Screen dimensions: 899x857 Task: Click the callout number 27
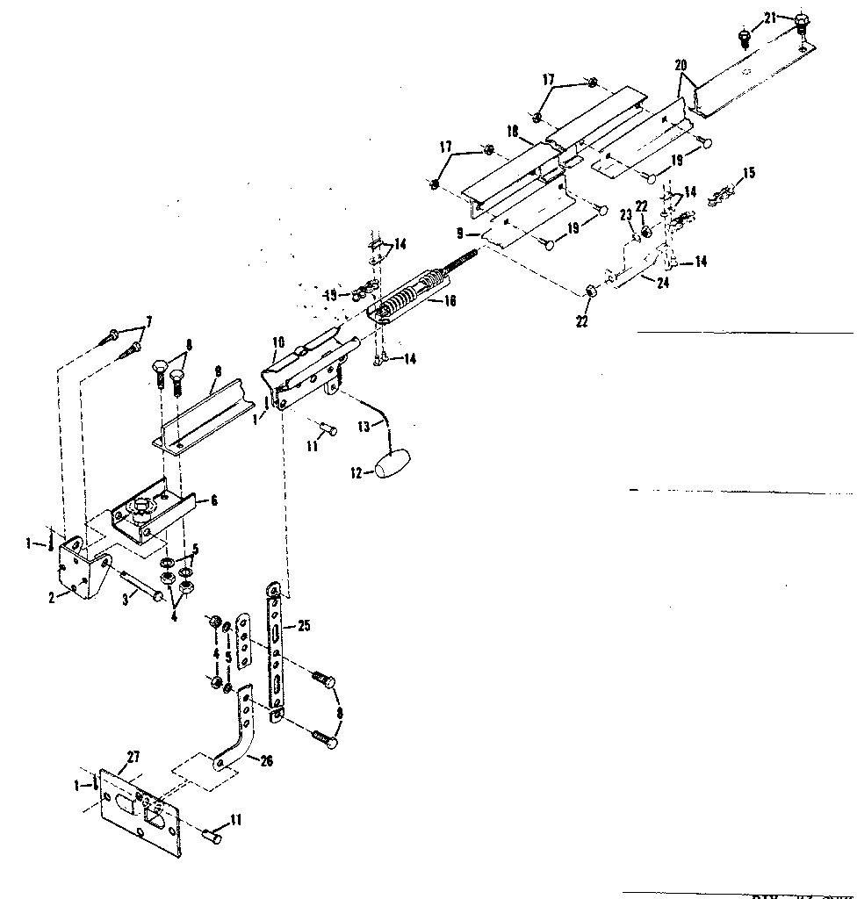pyautogui.click(x=133, y=755)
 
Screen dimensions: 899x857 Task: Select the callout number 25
pyautogui.click(x=304, y=625)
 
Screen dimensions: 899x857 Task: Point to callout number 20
pyautogui.click(x=681, y=66)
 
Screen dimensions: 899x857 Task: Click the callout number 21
pyautogui.click(x=770, y=18)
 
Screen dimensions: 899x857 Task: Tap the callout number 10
pyautogui.click(x=277, y=342)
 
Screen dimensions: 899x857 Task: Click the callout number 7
pyautogui.click(x=148, y=321)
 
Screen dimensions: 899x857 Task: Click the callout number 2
pyautogui.click(x=53, y=598)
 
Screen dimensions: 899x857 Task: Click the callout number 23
pyautogui.click(x=626, y=214)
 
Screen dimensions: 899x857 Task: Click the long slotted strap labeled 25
pyautogui.click(x=276, y=650)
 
